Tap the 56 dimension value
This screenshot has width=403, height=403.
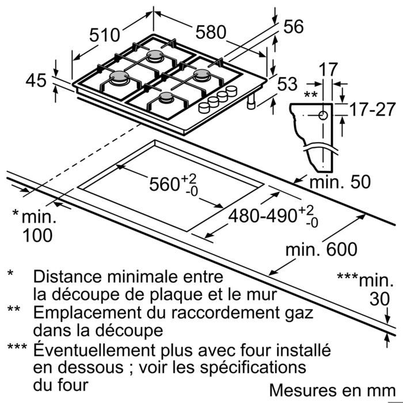[294, 26]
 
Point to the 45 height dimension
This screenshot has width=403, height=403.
[36, 81]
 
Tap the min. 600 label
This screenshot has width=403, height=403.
[322, 249]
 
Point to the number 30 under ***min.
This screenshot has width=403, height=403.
[378, 300]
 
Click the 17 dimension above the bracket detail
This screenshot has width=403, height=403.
[329, 69]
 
